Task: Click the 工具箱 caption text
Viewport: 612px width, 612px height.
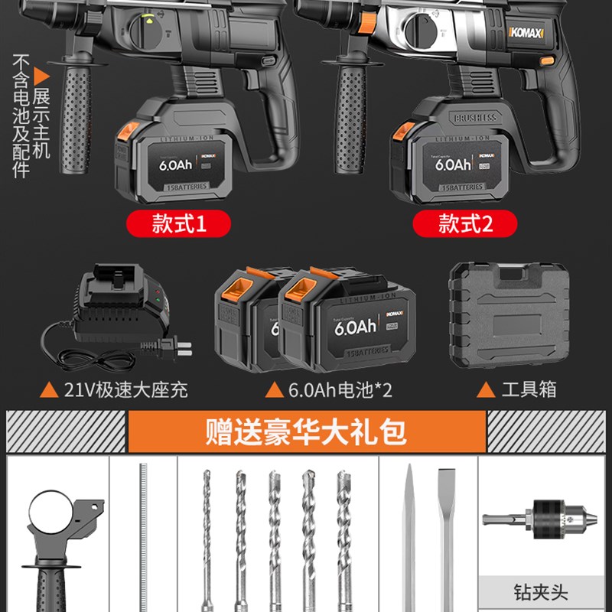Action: click(x=528, y=389)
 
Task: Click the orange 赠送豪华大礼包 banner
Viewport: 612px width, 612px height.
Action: click(x=306, y=431)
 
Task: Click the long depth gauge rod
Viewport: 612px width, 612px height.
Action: click(x=143, y=535)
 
